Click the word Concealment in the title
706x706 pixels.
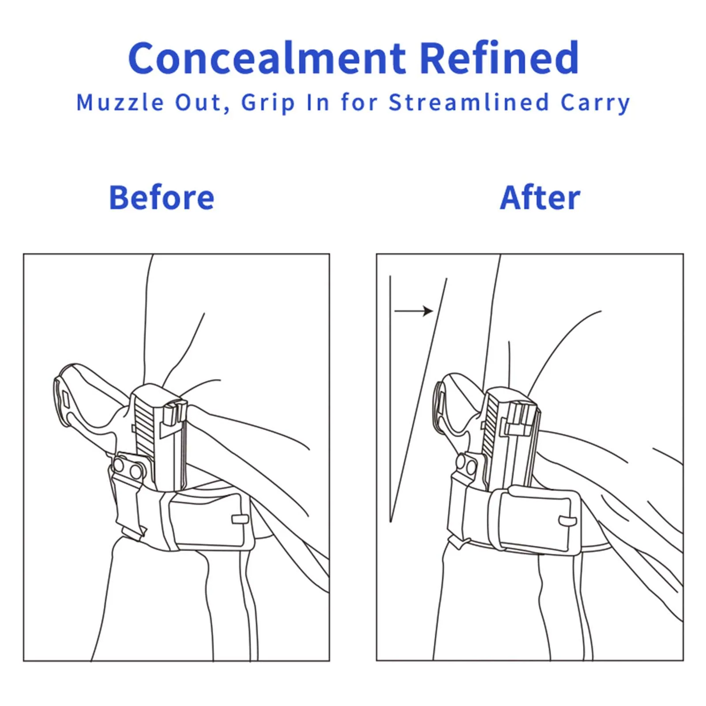(x=267, y=58)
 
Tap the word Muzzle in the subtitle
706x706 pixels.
(x=120, y=103)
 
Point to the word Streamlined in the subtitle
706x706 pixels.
(x=469, y=102)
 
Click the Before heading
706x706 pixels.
(x=161, y=197)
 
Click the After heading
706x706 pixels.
(x=540, y=197)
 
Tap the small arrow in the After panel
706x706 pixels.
(x=413, y=311)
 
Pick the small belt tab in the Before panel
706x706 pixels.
(x=240, y=519)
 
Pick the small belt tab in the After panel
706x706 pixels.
(x=567, y=521)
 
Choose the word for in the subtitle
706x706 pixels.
(x=359, y=102)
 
